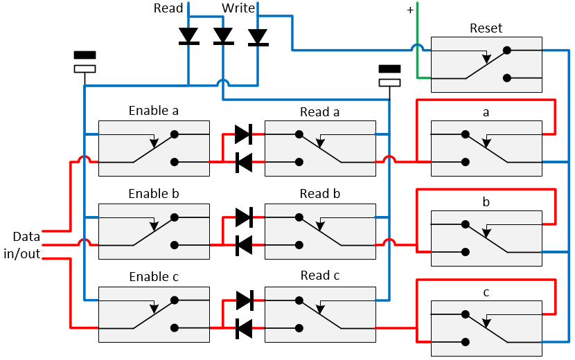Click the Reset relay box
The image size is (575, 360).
tap(486, 65)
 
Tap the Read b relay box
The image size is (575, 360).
tap(320, 231)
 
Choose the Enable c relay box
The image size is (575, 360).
tap(154, 314)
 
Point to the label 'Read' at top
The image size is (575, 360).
tap(168, 8)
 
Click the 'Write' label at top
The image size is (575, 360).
tap(238, 8)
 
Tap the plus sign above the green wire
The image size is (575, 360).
tap(410, 10)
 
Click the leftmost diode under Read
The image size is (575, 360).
tap(188, 36)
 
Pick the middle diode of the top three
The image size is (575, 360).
tap(223, 36)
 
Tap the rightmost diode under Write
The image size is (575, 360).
tap(258, 36)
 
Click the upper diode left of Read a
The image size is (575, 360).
tap(243, 134)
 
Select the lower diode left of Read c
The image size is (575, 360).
tap(243, 328)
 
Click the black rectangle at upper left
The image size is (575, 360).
tap(85, 55)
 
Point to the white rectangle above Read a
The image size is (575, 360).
tap(389, 82)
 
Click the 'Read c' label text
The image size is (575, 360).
tap(319, 276)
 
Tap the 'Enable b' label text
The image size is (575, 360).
tap(154, 194)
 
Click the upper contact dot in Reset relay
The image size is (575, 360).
tap(507, 51)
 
